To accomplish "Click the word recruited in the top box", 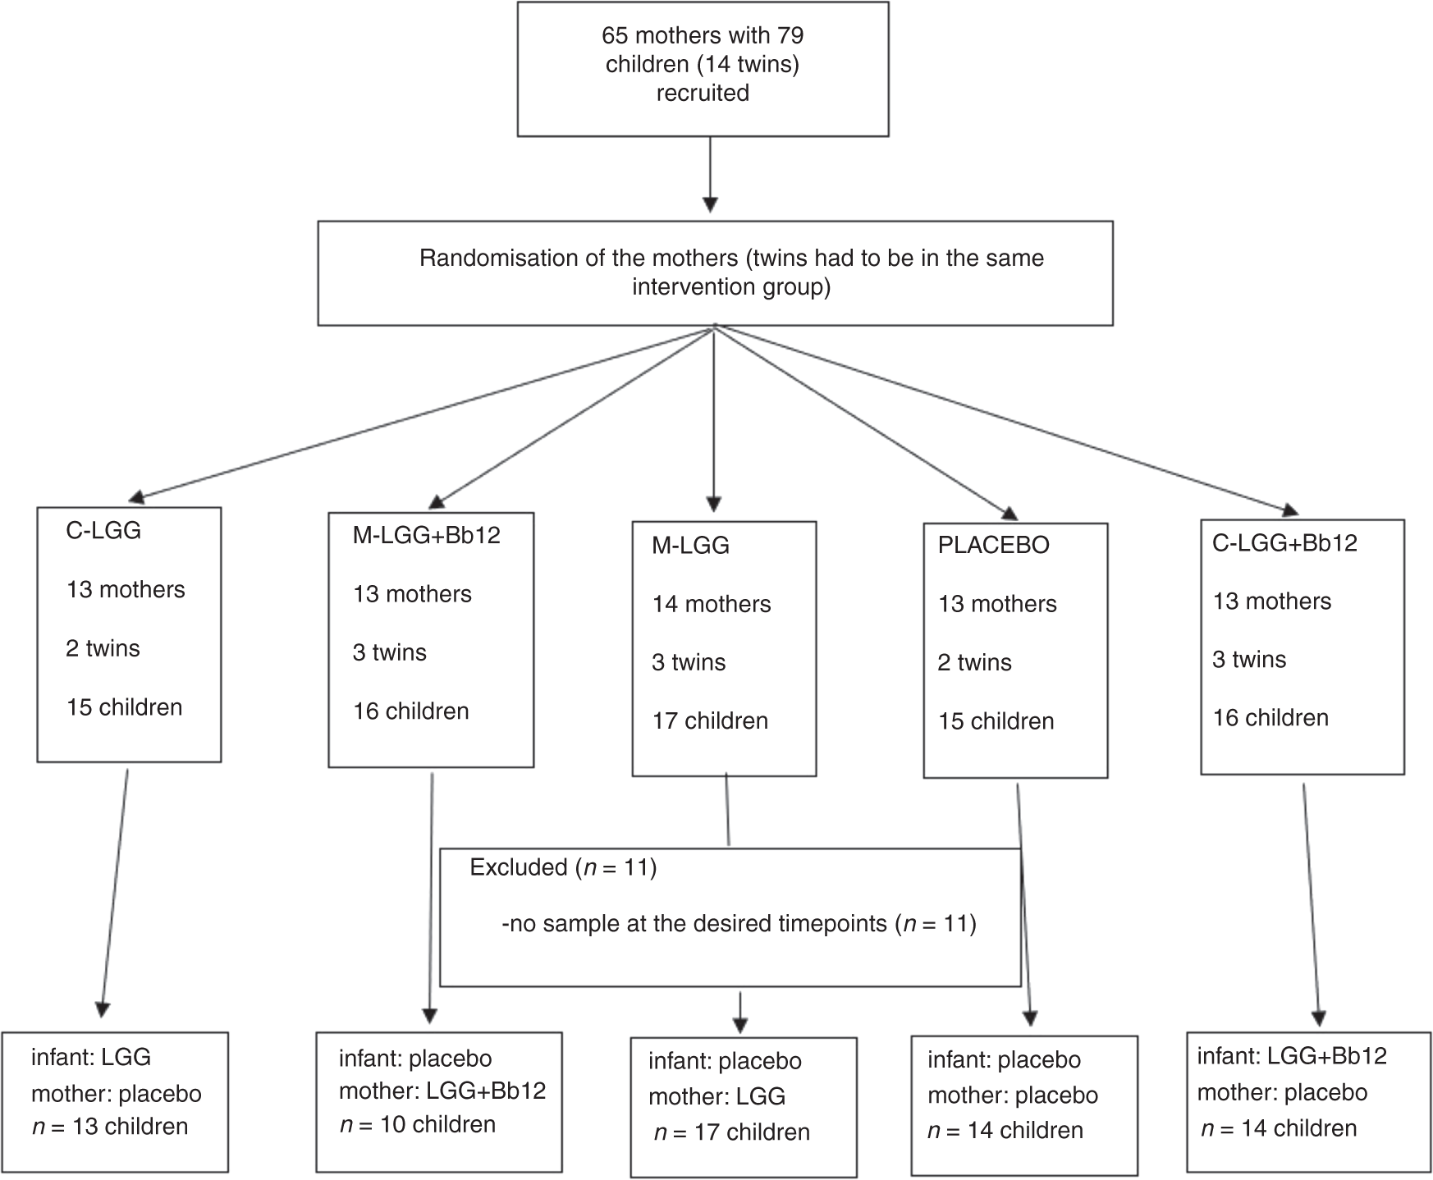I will [703, 93].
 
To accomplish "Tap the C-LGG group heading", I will [103, 530].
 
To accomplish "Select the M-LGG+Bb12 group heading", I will [426, 535].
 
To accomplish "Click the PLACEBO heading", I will [993, 545].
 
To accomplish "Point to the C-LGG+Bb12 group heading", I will [1284, 542].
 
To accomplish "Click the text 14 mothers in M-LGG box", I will [712, 604].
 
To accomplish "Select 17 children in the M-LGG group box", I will [710, 720].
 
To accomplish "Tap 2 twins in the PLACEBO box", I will [974, 662].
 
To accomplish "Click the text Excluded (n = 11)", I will [563, 867].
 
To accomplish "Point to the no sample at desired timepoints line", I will [739, 924].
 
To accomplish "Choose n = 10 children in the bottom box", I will [418, 1123].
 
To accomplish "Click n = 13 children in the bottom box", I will [110, 1126].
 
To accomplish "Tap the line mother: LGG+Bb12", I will [442, 1091].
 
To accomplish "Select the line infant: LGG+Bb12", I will [1292, 1055].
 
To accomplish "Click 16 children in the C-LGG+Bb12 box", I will [1270, 717].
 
